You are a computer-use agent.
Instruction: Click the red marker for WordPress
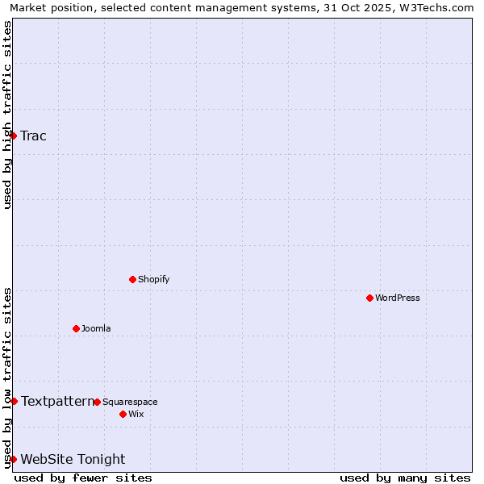[x=369, y=298]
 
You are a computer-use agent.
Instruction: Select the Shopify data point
[x=132, y=279]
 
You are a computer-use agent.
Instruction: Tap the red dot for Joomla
[x=76, y=328]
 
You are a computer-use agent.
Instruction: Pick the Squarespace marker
[x=97, y=402]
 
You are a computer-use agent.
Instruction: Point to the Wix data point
[x=123, y=414]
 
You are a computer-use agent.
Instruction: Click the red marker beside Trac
[x=14, y=136]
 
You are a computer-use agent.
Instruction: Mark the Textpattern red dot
[x=14, y=401]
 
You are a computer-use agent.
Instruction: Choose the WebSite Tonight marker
[x=14, y=459]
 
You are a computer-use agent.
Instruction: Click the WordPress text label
[x=398, y=298]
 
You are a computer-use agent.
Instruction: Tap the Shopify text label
[x=153, y=279]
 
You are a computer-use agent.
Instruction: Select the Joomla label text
[x=96, y=328]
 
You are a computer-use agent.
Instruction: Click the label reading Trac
[x=34, y=136]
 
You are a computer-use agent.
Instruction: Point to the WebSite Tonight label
[x=73, y=459]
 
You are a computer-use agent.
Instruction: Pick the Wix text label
[x=136, y=414]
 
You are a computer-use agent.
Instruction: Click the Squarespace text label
[x=130, y=402]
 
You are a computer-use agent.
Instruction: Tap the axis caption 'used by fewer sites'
[x=83, y=478]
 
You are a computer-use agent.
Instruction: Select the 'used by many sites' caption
[x=405, y=478]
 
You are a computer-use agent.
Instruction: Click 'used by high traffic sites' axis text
[x=7, y=115]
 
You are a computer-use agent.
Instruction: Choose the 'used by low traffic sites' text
[x=7, y=378]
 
